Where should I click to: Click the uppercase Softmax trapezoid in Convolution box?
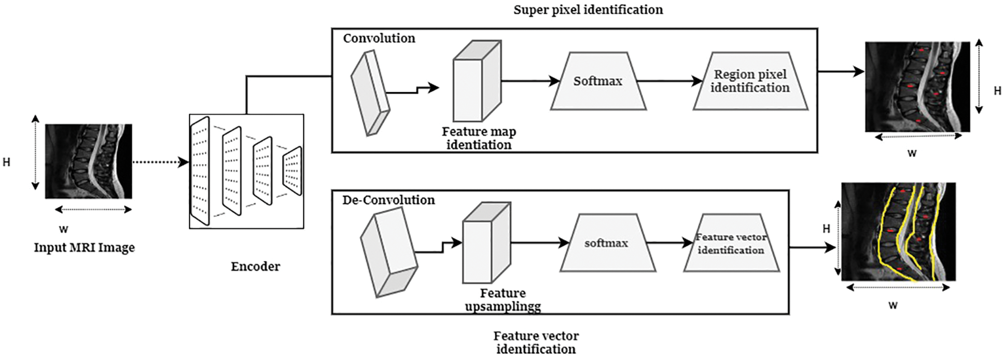pyautogui.click(x=598, y=81)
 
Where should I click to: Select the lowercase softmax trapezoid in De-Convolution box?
pyautogui.click(x=607, y=243)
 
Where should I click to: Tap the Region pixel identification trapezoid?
pyautogui.click(x=750, y=81)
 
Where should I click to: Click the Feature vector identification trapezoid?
pyautogui.click(x=731, y=243)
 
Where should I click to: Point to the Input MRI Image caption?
pyautogui.click(x=84, y=247)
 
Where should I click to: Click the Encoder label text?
pyautogui.click(x=255, y=266)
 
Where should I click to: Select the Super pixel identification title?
pyautogui.click(x=588, y=9)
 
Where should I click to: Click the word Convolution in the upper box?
pyautogui.click(x=379, y=38)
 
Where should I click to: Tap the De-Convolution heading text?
pyautogui.click(x=388, y=200)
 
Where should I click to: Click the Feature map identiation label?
pyautogui.click(x=479, y=138)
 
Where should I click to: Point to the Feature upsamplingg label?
pyautogui.click(x=502, y=300)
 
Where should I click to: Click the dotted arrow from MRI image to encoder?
pyautogui.click(x=160, y=162)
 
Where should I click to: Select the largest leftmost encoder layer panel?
pyautogui.click(x=200, y=171)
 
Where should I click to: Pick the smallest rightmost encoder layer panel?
pyautogui.click(x=292, y=171)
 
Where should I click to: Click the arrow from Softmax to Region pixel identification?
pyautogui.click(x=669, y=81)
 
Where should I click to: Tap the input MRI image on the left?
pyautogui.click(x=88, y=161)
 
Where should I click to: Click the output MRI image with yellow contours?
pyautogui.click(x=898, y=231)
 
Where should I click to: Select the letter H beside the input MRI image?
pyautogui.click(x=6, y=162)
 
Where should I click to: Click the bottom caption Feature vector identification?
pyautogui.click(x=536, y=342)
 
